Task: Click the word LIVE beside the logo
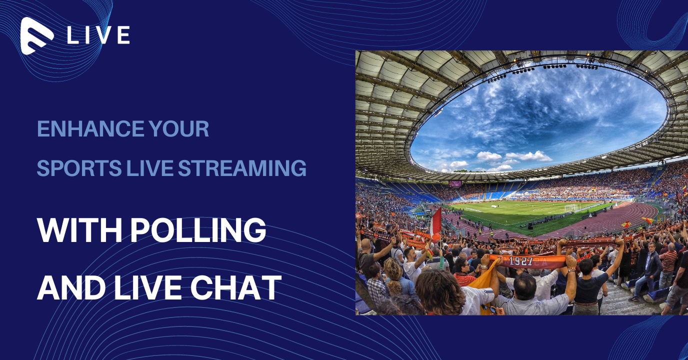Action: click(98, 35)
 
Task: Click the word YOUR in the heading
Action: click(179, 128)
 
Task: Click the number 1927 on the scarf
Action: click(521, 261)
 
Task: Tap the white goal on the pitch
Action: click(571, 208)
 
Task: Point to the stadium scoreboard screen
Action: click(455, 184)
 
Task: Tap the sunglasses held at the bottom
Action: click(488, 308)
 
